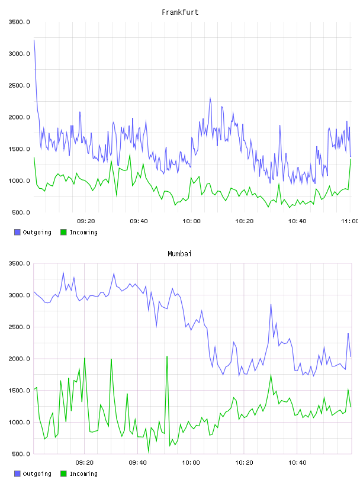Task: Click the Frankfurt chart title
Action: click(x=180, y=12)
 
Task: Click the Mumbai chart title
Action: click(x=179, y=254)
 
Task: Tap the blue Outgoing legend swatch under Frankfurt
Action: click(x=17, y=232)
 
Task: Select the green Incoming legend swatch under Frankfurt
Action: click(x=63, y=232)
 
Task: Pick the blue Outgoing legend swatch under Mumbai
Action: click(x=17, y=474)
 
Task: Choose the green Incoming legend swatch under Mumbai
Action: click(x=63, y=474)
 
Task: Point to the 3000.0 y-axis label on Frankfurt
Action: click(x=19, y=54)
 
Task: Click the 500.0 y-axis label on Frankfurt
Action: click(x=21, y=212)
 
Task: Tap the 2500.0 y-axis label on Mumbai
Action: click(x=19, y=327)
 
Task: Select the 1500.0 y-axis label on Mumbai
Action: click(x=19, y=390)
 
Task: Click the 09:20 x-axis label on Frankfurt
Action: click(x=86, y=221)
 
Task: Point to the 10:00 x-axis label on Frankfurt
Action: click(x=191, y=221)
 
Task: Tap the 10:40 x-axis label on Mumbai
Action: click(x=297, y=462)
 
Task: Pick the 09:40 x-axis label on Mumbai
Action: click(x=138, y=462)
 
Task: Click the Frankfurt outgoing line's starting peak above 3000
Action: click(x=34, y=40)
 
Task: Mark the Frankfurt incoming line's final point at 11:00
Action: click(x=351, y=159)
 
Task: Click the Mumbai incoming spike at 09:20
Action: click(x=85, y=358)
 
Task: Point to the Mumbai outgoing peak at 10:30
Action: click(x=271, y=304)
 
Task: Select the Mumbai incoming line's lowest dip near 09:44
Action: click(x=149, y=452)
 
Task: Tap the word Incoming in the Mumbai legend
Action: click(x=83, y=474)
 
